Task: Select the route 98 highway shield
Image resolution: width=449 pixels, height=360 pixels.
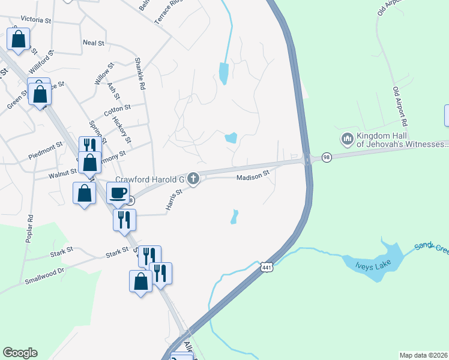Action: coord(327,157)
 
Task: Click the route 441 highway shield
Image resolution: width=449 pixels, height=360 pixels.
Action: coord(267,268)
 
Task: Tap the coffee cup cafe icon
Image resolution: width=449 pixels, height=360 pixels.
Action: coord(118,193)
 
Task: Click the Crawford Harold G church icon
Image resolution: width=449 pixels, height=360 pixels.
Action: coord(193,178)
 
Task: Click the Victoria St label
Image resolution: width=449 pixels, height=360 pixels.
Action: coord(28,20)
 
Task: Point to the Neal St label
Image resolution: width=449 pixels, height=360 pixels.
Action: coord(94,43)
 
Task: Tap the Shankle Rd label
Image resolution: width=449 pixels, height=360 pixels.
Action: coord(140,74)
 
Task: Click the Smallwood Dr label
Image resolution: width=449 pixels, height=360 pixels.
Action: coord(44,275)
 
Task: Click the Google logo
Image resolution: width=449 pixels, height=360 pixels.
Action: coord(20,353)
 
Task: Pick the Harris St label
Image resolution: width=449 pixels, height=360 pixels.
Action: coord(173,201)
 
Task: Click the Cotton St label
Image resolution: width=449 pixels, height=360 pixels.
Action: coord(117,110)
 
